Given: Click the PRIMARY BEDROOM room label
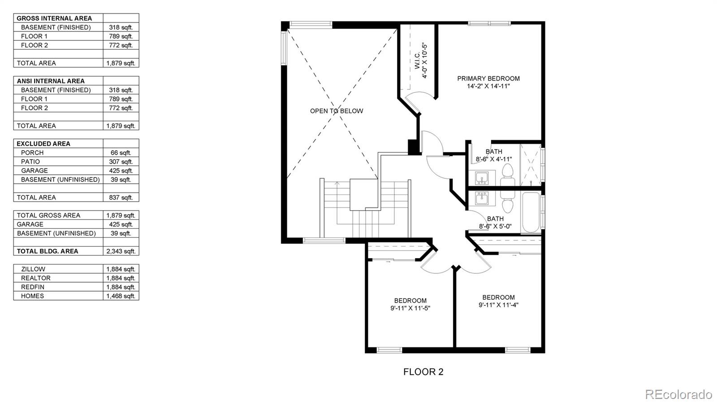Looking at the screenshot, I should pyautogui.click(x=488, y=78).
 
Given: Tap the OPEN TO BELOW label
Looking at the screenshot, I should pyautogui.click(x=337, y=111).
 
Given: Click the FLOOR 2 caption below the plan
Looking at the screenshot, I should pyautogui.click(x=423, y=372).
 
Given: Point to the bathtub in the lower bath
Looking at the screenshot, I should pyautogui.click(x=531, y=212).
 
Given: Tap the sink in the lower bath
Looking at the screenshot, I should pyautogui.click(x=482, y=198).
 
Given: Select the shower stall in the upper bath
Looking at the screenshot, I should pyautogui.click(x=531, y=165).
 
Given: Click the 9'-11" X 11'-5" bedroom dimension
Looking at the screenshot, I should pyautogui.click(x=410, y=308).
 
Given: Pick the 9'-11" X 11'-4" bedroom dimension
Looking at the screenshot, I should pyautogui.click(x=498, y=305).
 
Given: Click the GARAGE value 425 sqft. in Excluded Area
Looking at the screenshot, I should pyautogui.click(x=121, y=170).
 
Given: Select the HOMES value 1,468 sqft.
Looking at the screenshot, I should pyautogui.click(x=121, y=296).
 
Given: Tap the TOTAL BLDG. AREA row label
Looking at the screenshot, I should pyautogui.click(x=48, y=251).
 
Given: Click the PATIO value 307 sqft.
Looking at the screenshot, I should pyautogui.click(x=121, y=161).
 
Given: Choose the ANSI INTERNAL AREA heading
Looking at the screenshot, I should pyautogui.click(x=51, y=81).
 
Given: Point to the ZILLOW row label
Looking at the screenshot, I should pyautogui.click(x=33, y=269).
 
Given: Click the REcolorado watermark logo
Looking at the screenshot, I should pyautogui.click(x=678, y=394).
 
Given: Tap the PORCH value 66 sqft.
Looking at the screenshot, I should pyautogui.click(x=121, y=152).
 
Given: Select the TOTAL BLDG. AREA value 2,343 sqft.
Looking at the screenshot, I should pyautogui.click(x=121, y=251).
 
